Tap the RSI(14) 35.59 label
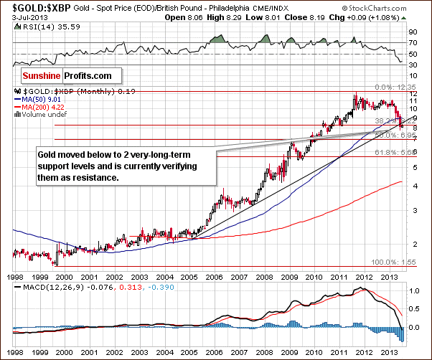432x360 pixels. tap(44, 27)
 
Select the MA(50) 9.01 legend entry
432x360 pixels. tap(46, 100)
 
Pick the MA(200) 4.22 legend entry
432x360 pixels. tap(47, 107)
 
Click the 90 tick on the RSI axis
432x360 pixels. tap(413, 32)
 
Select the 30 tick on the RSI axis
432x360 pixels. tap(413, 65)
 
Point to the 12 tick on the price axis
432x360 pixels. tap(413, 95)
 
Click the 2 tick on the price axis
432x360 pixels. tap(413, 244)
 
